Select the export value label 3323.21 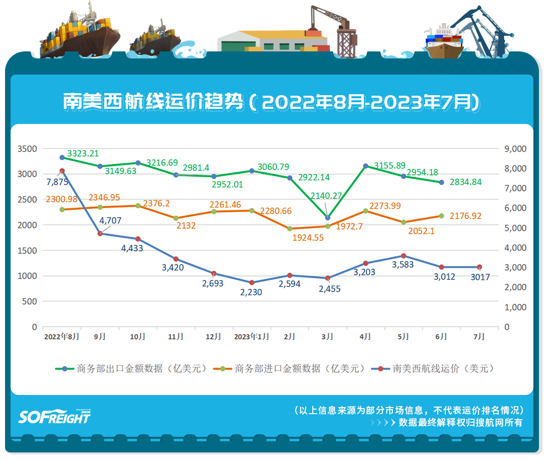tap(83, 153)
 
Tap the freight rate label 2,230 tap(252, 292)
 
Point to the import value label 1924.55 tap(308, 237)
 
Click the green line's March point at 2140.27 tap(327, 218)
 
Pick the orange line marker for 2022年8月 tap(62, 210)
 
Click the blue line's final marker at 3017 tap(479, 267)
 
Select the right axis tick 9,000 tap(515, 149)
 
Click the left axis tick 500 tap(30, 301)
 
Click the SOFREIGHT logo tap(54, 416)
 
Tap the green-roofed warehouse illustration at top tap(272, 40)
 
